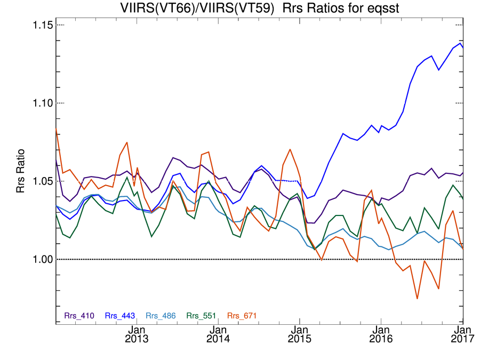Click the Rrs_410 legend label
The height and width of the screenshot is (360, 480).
tap(79, 316)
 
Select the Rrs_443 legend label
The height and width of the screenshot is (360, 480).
tap(120, 316)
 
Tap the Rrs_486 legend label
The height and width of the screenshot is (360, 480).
tap(161, 316)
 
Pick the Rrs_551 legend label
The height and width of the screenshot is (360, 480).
tap(202, 316)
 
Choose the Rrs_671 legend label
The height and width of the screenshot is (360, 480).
tap(242, 316)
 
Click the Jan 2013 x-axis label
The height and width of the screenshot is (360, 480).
tap(138, 333)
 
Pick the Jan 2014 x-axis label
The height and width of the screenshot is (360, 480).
tap(218, 333)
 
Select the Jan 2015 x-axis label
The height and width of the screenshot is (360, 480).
tap(299, 333)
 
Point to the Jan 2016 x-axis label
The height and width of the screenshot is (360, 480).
tap(380, 333)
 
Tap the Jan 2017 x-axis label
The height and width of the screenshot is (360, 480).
tap(462, 333)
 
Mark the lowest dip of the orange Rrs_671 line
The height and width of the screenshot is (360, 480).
tap(417, 299)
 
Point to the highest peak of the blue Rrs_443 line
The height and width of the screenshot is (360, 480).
tap(460, 43)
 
